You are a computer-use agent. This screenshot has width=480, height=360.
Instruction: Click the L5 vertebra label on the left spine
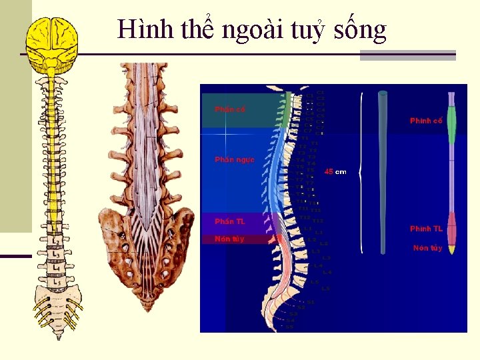point(57,283)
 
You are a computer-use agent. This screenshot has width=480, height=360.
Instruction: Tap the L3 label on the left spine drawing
point(57,255)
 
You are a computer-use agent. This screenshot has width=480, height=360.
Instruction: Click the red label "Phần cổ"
point(229,109)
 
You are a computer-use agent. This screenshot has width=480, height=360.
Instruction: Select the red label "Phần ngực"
point(234,159)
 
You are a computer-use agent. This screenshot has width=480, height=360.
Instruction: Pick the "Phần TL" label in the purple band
point(229,221)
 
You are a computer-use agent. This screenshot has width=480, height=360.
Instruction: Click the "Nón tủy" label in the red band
point(229,239)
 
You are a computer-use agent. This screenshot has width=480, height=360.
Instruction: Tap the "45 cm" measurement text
point(335,172)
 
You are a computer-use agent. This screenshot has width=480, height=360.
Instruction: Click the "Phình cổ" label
point(426,121)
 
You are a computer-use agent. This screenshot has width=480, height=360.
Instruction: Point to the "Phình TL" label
point(426,229)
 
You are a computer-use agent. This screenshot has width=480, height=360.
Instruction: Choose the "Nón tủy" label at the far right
point(427,248)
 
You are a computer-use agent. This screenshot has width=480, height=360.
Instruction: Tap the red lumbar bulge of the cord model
point(451,228)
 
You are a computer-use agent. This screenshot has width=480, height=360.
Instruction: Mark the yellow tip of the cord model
point(451,249)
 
